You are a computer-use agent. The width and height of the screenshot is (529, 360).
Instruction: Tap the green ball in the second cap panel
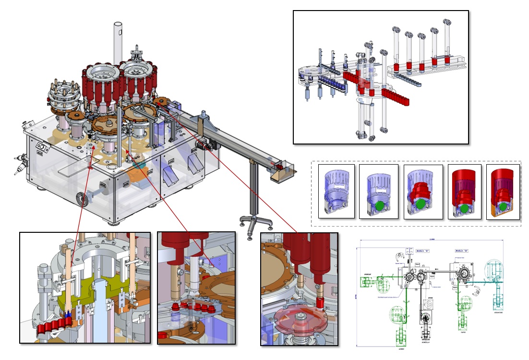380,206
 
